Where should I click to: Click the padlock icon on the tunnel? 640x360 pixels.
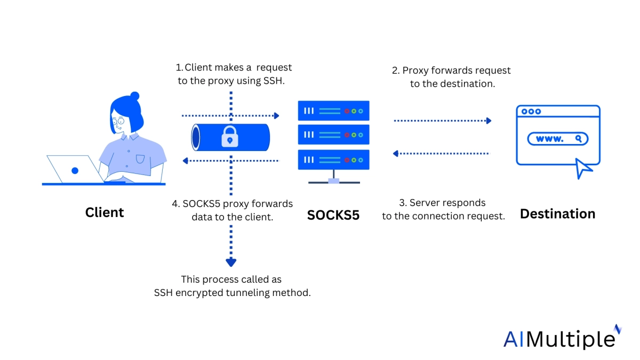pyautogui.click(x=230, y=138)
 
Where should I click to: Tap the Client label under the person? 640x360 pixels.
pyautogui.click(x=105, y=212)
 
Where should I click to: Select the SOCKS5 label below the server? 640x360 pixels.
pyautogui.click(x=333, y=215)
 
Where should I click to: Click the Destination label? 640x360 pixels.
pyautogui.click(x=557, y=214)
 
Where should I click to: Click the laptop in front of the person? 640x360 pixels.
pyautogui.click(x=75, y=169)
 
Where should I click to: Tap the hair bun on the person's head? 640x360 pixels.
pyautogui.click(x=134, y=97)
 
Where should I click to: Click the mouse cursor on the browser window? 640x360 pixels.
pyautogui.click(x=583, y=168)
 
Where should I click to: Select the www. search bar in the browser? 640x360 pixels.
pyautogui.click(x=557, y=139)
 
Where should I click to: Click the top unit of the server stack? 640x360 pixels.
pyautogui.click(x=333, y=111)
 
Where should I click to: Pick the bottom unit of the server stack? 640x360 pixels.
pyautogui.click(x=333, y=159)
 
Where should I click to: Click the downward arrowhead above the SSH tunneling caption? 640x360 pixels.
pyautogui.click(x=230, y=262)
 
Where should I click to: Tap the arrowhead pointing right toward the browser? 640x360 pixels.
pyautogui.click(x=487, y=121)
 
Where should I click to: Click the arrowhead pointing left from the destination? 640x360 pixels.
pyautogui.click(x=396, y=154)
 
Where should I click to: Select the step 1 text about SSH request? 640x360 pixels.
pyautogui.click(x=234, y=74)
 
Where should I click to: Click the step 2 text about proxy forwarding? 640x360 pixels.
pyautogui.click(x=451, y=77)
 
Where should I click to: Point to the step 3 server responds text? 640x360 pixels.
pyautogui.click(x=443, y=209)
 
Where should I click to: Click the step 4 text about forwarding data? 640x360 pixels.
pyautogui.click(x=233, y=210)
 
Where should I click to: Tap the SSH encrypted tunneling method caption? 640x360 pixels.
pyautogui.click(x=232, y=286)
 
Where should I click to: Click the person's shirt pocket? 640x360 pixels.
pyautogui.click(x=140, y=158)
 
